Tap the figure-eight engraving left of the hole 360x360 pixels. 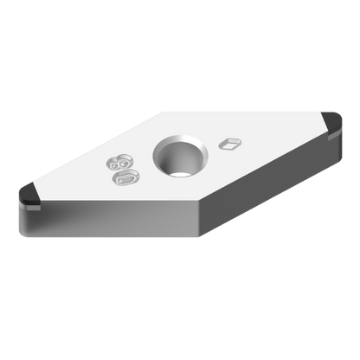tap(121, 163)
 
